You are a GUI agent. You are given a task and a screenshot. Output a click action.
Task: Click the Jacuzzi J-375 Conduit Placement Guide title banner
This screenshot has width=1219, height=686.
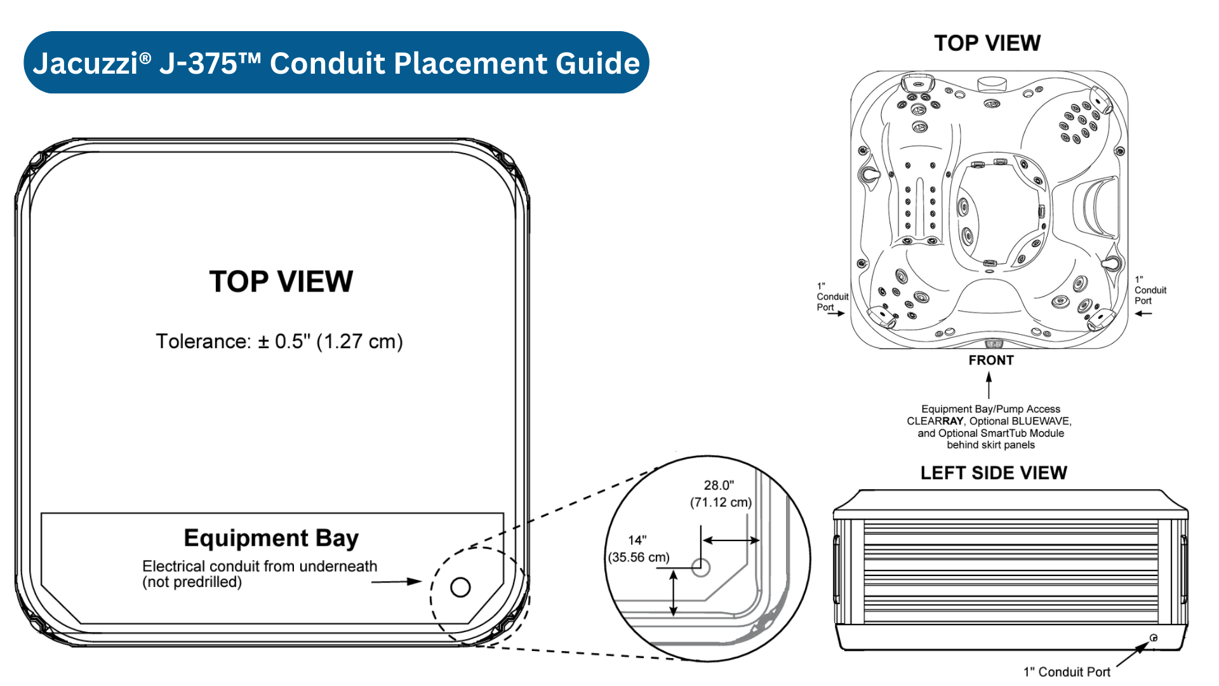pyautogui.click(x=336, y=63)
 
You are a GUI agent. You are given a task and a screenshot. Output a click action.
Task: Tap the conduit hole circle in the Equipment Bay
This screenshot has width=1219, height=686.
pyautogui.click(x=460, y=587)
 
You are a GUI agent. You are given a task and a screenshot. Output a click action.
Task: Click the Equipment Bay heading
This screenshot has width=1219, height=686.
pyautogui.click(x=271, y=538)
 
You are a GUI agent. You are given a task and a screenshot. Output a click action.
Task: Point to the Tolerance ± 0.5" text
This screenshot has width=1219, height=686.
pyautogui.click(x=279, y=342)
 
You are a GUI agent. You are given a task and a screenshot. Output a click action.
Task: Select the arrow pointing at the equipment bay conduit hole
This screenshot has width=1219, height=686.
pyautogui.click(x=396, y=581)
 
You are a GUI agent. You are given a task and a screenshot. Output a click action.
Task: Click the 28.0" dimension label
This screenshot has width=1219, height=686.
pyautogui.click(x=719, y=485)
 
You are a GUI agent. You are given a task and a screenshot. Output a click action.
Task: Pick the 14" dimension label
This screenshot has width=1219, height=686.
pyautogui.click(x=637, y=540)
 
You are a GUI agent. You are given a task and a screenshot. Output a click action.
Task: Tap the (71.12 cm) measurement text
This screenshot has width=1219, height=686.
pyautogui.click(x=721, y=502)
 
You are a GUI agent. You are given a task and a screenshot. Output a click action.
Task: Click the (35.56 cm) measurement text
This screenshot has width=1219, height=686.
pyautogui.click(x=639, y=557)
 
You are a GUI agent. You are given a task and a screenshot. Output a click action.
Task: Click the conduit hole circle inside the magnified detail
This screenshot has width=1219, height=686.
pyautogui.click(x=700, y=567)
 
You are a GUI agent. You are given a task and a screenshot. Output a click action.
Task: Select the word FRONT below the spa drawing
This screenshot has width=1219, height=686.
pyautogui.click(x=991, y=360)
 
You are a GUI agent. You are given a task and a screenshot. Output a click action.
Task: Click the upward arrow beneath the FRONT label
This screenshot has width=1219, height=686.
pyautogui.click(x=989, y=385)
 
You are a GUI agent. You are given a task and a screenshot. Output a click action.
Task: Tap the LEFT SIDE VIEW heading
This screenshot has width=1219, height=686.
pyautogui.click(x=994, y=473)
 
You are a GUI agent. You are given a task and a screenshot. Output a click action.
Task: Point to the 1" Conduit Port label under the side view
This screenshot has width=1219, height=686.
pyautogui.click(x=1067, y=672)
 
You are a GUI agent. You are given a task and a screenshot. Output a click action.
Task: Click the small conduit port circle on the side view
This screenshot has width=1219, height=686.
pyautogui.click(x=1154, y=638)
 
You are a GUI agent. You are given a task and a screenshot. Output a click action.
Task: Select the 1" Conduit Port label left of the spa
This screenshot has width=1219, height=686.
pyautogui.click(x=832, y=297)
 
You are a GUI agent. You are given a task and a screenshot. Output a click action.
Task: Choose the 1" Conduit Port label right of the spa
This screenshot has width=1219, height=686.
pyautogui.click(x=1150, y=290)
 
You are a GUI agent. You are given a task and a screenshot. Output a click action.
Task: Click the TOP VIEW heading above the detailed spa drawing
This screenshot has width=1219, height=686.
pyautogui.click(x=987, y=43)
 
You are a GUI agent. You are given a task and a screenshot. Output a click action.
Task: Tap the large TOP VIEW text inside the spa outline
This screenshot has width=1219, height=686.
pyautogui.click(x=281, y=281)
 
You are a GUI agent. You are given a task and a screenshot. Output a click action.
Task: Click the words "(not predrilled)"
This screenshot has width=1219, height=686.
pyautogui.click(x=192, y=582)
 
